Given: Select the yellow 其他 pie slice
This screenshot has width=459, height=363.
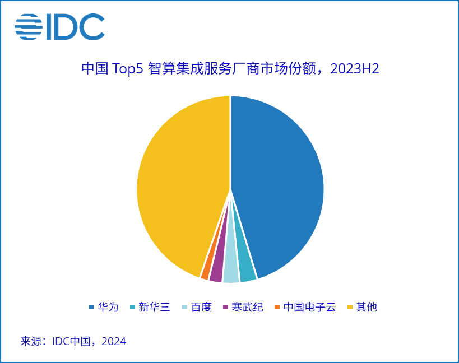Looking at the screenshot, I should tap(179, 185).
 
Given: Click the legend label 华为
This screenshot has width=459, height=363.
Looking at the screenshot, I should tap(108, 307).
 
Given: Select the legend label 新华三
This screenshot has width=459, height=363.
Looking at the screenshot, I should tap(154, 307).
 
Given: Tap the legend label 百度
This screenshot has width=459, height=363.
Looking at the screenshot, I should tap(201, 307).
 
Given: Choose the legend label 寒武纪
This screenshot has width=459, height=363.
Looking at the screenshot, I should tap(247, 307).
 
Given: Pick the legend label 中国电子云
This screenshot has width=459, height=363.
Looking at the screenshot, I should tap(309, 307).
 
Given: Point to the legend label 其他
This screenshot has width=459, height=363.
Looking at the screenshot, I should tap(367, 307).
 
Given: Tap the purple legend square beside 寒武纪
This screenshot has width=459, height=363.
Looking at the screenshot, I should tap(225, 307).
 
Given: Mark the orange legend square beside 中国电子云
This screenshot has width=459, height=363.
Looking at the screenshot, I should tap(277, 307).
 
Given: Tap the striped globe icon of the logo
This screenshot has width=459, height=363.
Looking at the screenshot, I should tap(29, 27).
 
